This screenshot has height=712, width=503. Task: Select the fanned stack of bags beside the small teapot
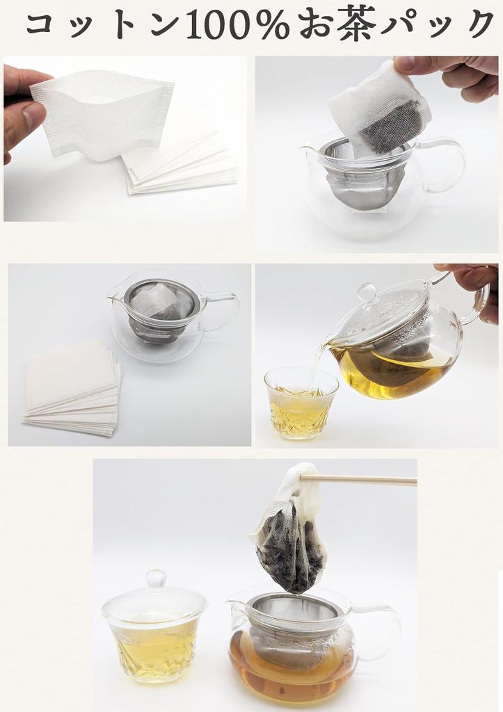(x=73, y=389)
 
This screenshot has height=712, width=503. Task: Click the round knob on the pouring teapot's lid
(x=367, y=291)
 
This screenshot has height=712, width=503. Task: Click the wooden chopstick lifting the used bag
(x=362, y=479)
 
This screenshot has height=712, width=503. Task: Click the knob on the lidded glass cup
(x=155, y=578)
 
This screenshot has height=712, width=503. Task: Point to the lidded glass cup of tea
(x=154, y=636)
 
